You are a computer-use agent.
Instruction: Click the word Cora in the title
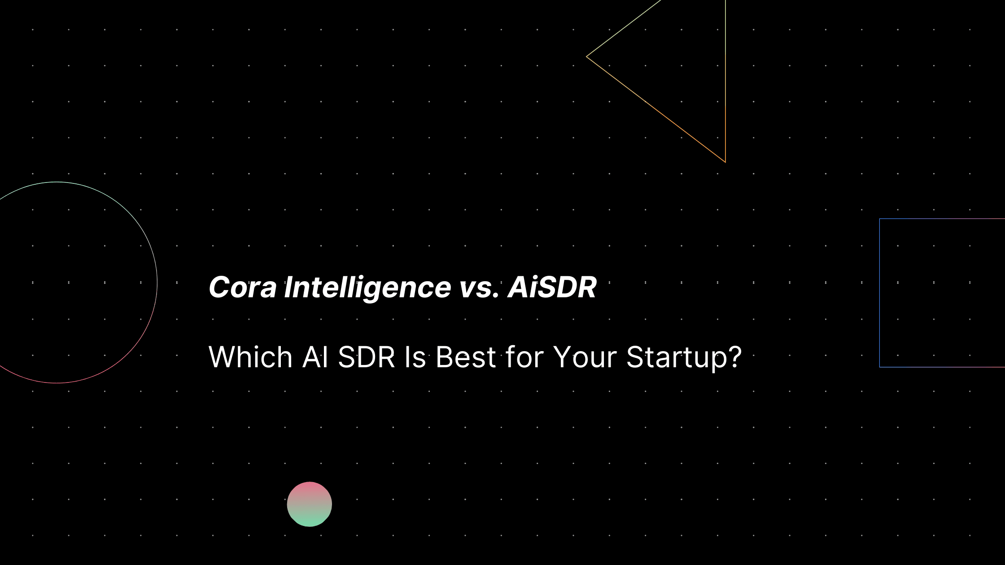(243, 287)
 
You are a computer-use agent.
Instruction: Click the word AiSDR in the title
(552, 287)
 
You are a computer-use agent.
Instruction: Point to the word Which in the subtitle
(251, 357)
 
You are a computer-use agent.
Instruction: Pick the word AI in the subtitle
(316, 357)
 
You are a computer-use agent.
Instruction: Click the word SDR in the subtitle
(366, 357)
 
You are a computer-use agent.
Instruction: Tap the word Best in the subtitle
(466, 357)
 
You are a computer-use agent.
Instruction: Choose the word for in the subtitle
(524, 357)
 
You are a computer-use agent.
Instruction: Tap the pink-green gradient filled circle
(310, 504)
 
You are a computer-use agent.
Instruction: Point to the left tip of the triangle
(586, 56)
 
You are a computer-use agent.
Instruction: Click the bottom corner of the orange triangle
(725, 162)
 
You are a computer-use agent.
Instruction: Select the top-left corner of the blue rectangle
(880, 219)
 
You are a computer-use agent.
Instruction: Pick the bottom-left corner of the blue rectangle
(880, 367)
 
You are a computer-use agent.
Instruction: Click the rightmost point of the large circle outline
(157, 282)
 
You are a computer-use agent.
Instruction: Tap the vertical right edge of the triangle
(725, 81)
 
